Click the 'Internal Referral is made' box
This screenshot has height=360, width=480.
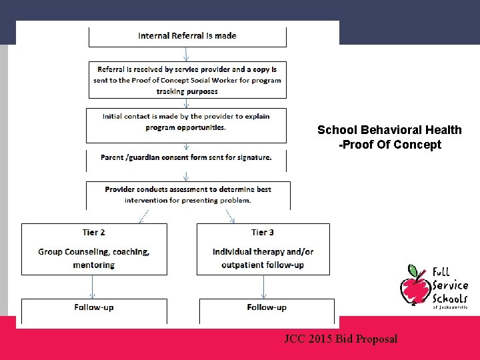pyautogui.click(x=187, y=36)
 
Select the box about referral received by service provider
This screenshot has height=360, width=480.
pyautogui.click(x=187, y=80)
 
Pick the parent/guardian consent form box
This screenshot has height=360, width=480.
pyautogui.click(x=187, y=158)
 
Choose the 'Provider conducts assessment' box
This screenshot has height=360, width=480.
pyautogui.click(x=188, y=194)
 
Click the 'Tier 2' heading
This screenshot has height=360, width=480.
pyautogui.click(x=94, y=233)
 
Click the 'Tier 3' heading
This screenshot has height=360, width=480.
pyautogui.click(x=263, y=233)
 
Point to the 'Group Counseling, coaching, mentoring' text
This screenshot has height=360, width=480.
pyautogui.click(x=94, y=258)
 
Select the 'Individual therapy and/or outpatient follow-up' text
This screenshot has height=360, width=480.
pyautogui.click(x=263, y=258)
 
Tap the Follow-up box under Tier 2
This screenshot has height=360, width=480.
pyautogui.click(x=94, y=307)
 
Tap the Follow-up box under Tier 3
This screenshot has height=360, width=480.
pyautogui.click(x=267, y=307)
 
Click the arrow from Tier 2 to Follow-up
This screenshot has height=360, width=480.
pyautogui.click(x=93, y=287)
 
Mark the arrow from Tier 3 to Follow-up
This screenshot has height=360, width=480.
pyautogui.click(x=265, y=287)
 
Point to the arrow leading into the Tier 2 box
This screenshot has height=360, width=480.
pyautogui.click(x=142, y=217)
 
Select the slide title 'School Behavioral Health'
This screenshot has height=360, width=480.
pyautogui.click(x=389, y=130)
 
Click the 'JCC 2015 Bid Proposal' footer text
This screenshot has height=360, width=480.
pyautogui.click(x=341, y=339)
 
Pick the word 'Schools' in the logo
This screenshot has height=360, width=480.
pyautogui.click(x=450, y=298)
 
